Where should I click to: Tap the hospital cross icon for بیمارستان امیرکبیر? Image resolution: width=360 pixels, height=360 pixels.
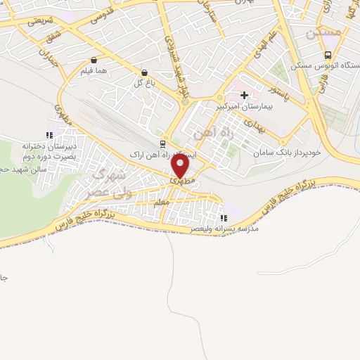coord(244,95)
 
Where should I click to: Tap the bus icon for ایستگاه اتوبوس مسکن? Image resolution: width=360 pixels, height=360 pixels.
coord(328,56)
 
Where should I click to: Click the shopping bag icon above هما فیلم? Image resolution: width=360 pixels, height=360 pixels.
coord(94,61)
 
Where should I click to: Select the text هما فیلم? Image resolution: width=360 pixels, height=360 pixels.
coord(93,73)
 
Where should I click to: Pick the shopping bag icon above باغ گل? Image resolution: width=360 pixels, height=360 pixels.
coord(144,72)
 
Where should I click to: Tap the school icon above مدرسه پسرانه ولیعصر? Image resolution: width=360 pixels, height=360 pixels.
coord(224,218)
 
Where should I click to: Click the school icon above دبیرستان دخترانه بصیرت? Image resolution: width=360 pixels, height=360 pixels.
coord(49,134)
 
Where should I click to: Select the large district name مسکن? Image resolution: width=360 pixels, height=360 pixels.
coord(322,32)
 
